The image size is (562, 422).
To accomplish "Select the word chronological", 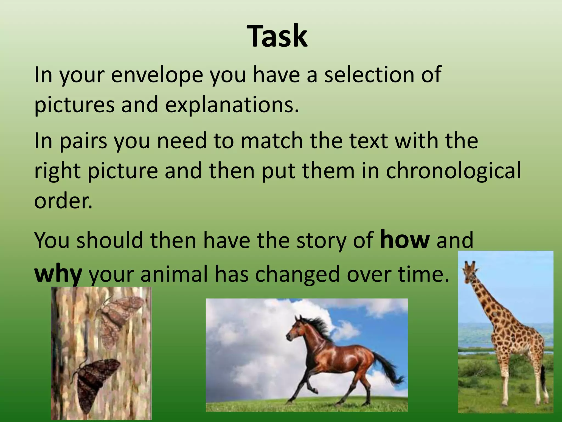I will (x=453, y=171).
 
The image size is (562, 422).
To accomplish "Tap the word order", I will (x=63, y=201).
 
